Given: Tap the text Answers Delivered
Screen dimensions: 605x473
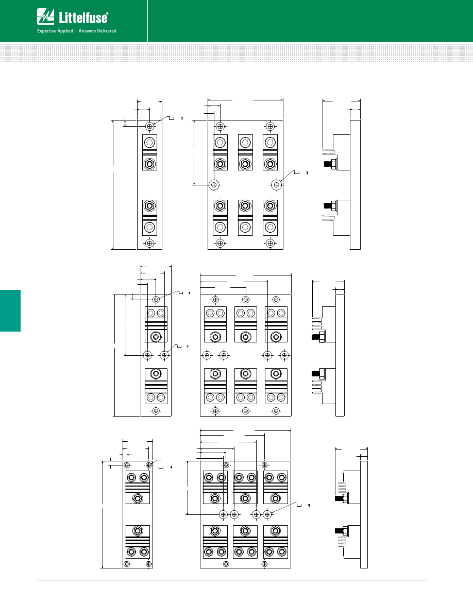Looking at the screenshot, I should coord(97,31).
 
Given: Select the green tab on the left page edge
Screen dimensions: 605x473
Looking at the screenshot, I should coord(10,310).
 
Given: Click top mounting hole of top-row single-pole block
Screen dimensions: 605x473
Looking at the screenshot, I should coord(149,126).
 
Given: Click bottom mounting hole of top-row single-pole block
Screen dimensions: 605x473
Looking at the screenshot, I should coord(149,243).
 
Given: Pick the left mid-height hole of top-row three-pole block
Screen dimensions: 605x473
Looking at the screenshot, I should coord(214,184).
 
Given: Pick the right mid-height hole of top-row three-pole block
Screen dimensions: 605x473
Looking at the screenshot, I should coord(276,184).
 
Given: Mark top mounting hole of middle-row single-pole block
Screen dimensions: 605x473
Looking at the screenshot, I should coord(156,299).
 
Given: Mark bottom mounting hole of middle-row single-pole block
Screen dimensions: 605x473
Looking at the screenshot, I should coord(156,410).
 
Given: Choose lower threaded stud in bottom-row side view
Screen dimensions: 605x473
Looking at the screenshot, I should coord(340,530).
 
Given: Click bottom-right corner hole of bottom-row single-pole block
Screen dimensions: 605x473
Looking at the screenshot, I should coord(149,564).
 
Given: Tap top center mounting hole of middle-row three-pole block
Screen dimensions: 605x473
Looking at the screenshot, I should coord(246,299).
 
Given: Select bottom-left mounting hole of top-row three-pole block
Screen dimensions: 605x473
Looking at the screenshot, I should coord(220,243).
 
